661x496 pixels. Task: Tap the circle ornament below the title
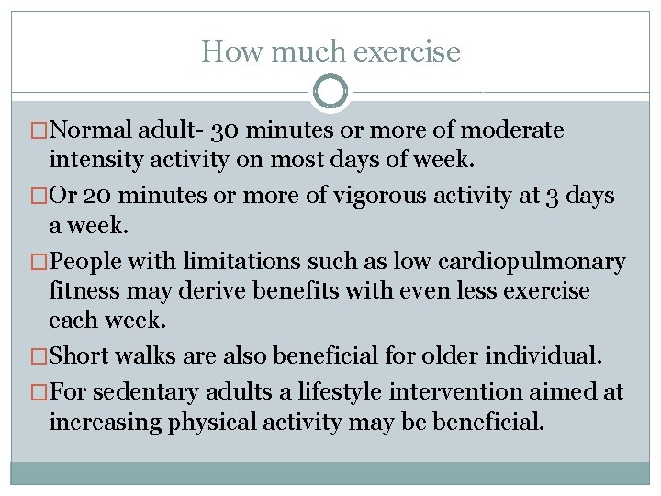330,92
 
